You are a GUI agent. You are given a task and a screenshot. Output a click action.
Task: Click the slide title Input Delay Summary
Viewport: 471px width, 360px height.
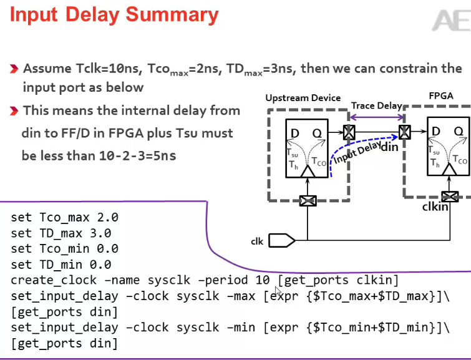(x=114, y=15)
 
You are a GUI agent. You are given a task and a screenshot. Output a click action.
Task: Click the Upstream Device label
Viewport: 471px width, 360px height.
(x=303, y=98)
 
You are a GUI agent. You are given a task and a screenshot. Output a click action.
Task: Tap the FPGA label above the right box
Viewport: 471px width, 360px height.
(x=440, y=96)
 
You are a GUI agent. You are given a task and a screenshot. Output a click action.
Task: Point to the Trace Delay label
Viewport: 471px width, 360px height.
(x=376, y=106)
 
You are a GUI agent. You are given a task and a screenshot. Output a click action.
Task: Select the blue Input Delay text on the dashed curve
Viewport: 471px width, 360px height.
(x=356, y=152)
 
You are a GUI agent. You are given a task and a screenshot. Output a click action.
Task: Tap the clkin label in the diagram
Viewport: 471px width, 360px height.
(x=435, y=206)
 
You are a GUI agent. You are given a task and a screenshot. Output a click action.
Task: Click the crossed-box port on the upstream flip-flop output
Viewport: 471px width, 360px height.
(x=350, y=132)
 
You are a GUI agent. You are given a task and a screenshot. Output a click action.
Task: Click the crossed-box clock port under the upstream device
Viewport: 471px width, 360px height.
(x=307, y=201)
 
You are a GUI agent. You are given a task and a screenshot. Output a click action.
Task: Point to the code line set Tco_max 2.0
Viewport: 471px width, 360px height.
(x=64, y=218)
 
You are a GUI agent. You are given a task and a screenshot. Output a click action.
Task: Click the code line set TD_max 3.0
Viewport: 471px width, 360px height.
(x=61, y=233)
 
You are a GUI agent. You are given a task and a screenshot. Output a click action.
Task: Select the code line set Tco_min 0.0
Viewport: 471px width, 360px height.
(x=64, y=249)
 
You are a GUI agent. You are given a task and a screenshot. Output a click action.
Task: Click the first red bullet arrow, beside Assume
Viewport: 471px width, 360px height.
(x=14, y=69)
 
